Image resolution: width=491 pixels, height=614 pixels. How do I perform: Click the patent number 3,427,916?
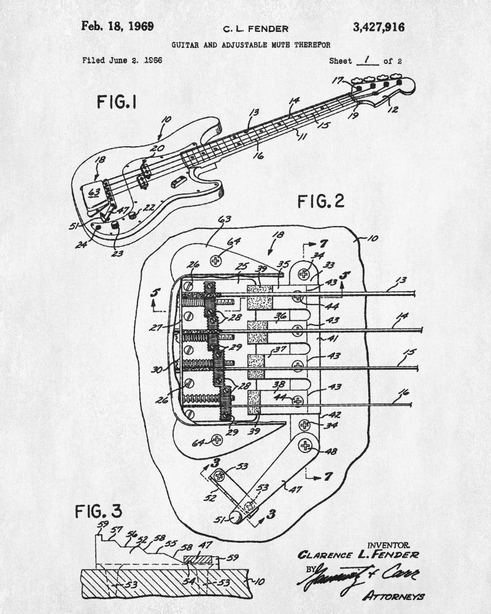[379, 26]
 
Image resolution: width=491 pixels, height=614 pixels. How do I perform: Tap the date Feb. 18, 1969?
[118, 26]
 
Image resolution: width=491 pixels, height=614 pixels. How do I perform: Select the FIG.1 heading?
[117, 102]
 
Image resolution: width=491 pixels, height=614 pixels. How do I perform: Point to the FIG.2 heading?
[321, 201]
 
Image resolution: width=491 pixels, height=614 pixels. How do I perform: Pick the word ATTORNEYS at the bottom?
[394, 596]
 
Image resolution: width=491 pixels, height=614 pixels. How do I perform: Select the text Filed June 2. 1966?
[122, 61]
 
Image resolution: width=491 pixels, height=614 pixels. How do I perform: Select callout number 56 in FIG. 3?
[131, 535]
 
